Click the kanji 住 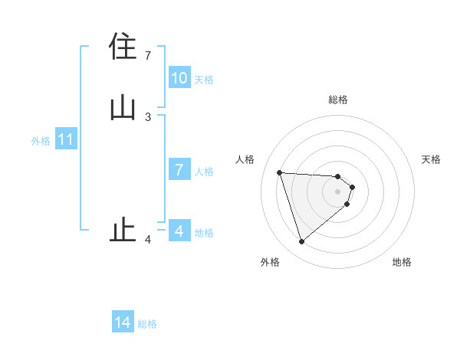click(123, 47)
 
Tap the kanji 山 click(123, 108)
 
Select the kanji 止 click(123, 230)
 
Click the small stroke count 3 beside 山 click(148, 116)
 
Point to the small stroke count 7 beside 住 click(148, 55)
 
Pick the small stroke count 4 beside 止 click(148, 239)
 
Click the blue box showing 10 click(179, 78)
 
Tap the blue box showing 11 click(66, 140)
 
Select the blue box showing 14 click(123, 323)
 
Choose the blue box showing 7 click(179, 170)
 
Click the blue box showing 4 click(179, 231)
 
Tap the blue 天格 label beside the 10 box click(204, 80)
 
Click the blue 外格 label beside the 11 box click(41, 141)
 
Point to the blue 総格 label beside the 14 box click(147, 324)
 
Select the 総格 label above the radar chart click(338, 100)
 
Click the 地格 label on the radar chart click(402, 263)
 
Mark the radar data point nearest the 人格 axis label click(279, 172)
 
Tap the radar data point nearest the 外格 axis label click(301, 242)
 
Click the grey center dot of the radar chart click(338, 191)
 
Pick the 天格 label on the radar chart click(431, 159)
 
